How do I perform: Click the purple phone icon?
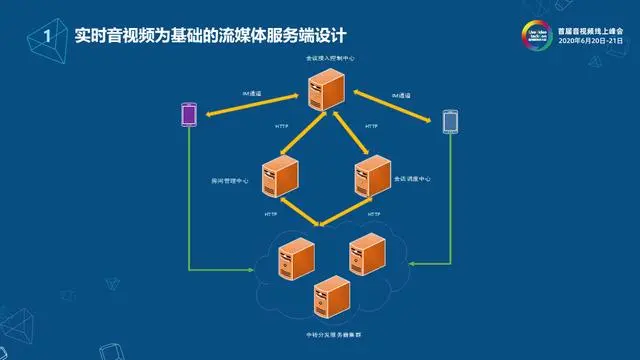click(x=187, y=115)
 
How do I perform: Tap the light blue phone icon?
click(x=451, y=121)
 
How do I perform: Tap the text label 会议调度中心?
click(x=412, y=179)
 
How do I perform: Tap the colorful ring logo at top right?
click(x=535, y=33)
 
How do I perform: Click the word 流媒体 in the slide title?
click(x=221, y=36)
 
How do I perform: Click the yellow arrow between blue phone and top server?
click(x=400, y=106)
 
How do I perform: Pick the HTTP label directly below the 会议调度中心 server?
click(x=373, y=215)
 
